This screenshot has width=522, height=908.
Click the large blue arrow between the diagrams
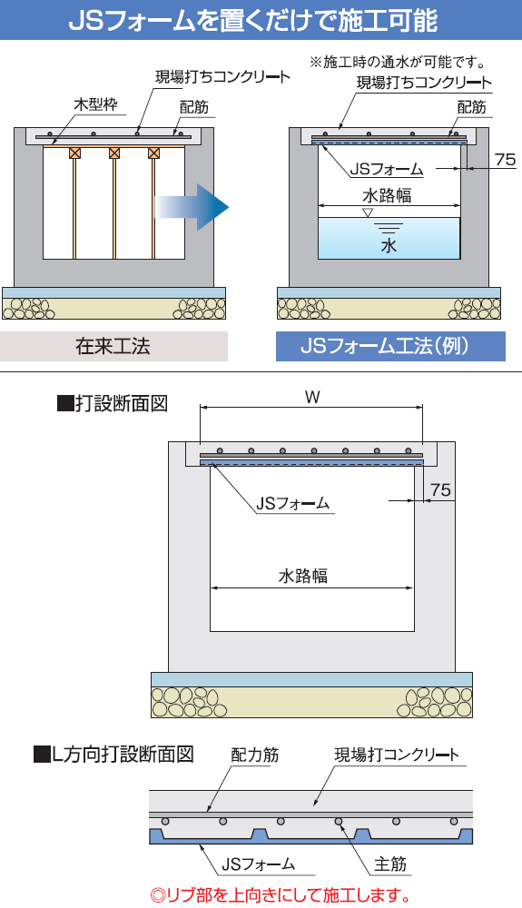(x=194, y=207)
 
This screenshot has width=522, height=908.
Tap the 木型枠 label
(x=95, y=104)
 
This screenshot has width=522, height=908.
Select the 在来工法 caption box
(x=113, y=346)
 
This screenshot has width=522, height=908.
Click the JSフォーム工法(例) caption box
(x=390, y=346)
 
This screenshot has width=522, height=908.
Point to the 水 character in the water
(x=389, y=245)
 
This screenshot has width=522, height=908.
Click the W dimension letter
(x=312, y=397)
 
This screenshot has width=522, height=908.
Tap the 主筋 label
(x=389, y=864)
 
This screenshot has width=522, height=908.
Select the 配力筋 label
(x=254, y=755)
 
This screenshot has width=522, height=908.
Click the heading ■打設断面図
(x=113, y=403)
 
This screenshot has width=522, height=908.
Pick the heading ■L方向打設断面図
(x=113, y=754)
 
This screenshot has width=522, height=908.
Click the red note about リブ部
(x=281, y=895)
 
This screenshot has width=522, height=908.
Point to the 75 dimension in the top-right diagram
(x=506, y=159)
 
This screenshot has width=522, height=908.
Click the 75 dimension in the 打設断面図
(x=440, y=490)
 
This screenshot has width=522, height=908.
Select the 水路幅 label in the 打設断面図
(x=302, y=576)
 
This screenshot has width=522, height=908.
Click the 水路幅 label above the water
(x=387, y=195)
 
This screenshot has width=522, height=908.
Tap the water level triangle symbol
(x=368, y=212)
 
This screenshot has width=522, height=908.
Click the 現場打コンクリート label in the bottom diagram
(x=397, y=755)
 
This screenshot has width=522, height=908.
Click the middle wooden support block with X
(x=114, y=153)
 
